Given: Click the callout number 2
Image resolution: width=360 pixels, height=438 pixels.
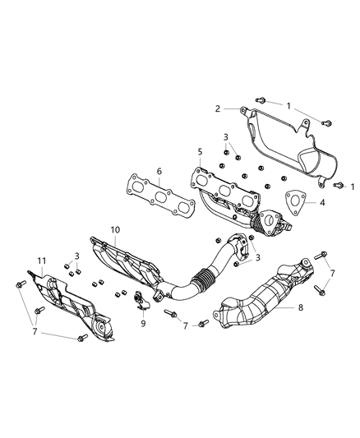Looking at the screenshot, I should (x=218, y=108).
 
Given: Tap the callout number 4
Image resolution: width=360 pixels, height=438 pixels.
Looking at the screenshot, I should (x=322, y=201).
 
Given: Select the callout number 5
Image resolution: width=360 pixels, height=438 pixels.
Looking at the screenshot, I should (x=200, y=151).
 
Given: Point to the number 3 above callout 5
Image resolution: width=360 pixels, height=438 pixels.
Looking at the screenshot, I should (x=225, y=137).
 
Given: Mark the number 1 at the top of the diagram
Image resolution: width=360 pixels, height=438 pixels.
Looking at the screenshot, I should (x=288, y=104).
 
